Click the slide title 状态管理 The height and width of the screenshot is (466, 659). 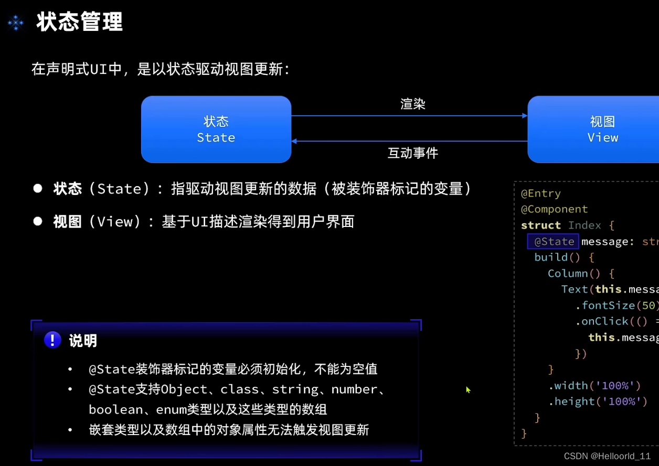80,23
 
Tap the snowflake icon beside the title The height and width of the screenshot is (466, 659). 16,23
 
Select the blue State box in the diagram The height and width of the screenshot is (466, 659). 216,129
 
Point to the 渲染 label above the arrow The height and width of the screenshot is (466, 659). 413,104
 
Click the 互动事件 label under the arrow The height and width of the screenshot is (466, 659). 413,153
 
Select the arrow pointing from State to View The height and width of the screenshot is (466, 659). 409,116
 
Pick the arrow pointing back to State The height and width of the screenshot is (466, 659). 409,141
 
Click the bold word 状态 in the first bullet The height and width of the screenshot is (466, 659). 68,189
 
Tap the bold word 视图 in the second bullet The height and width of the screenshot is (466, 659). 68,222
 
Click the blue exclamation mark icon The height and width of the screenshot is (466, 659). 52,340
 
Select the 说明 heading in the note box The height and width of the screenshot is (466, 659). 83,341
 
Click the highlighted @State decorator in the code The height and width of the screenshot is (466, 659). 554,242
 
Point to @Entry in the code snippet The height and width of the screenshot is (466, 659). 541,193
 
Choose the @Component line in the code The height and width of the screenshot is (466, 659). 554,209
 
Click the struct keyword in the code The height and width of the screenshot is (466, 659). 541,225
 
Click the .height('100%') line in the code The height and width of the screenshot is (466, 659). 598,402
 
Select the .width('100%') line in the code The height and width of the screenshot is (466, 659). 595,386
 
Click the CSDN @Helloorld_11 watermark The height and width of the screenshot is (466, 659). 607,456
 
